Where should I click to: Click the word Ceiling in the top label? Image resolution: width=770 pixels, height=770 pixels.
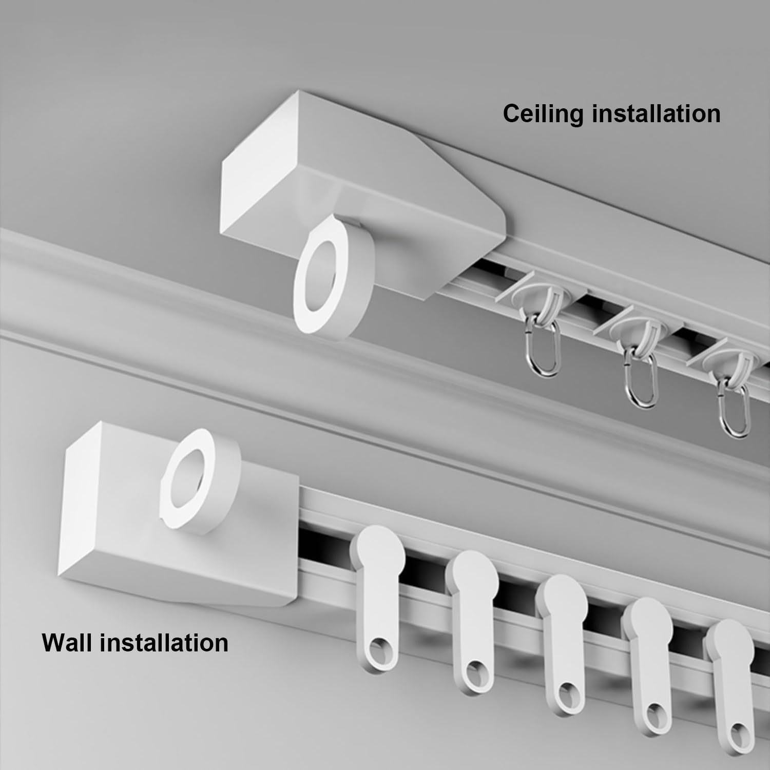coord(543,113)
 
